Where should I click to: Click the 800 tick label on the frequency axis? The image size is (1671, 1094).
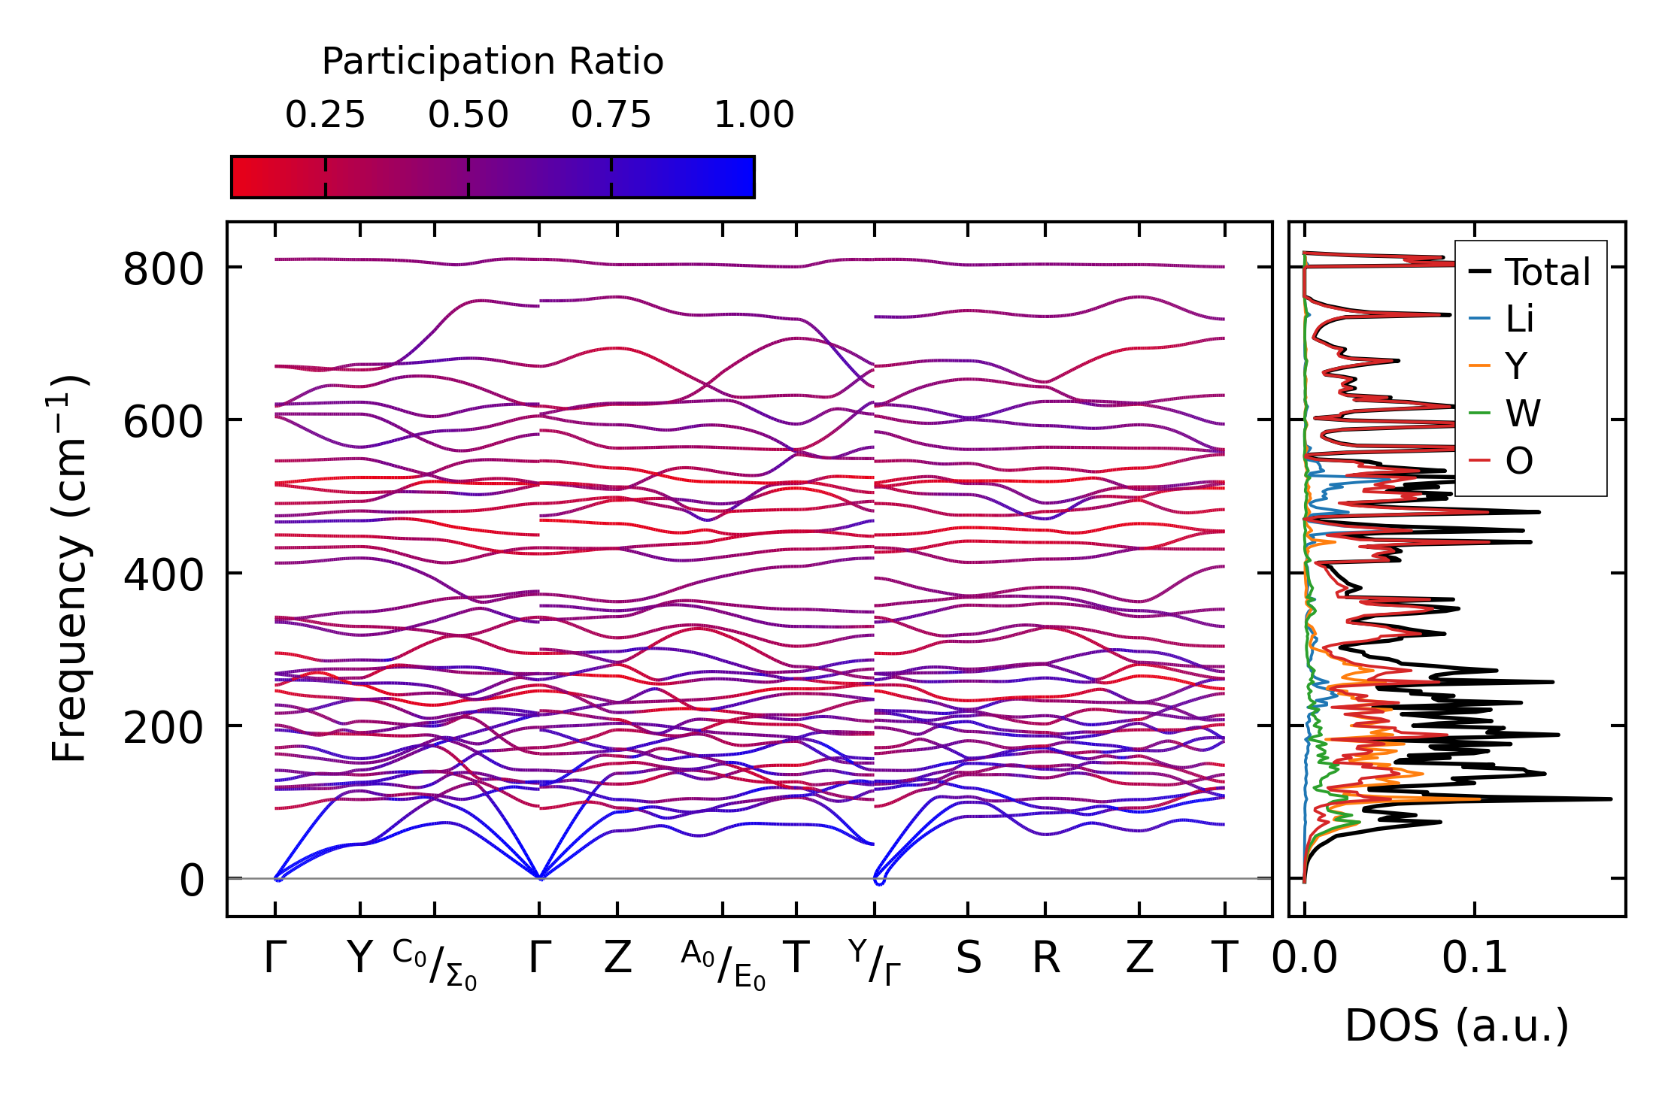tap(162, 269)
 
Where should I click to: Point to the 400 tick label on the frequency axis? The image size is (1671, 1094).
tap(162, 575)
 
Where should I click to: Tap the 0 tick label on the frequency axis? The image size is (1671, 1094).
tap(191, 880)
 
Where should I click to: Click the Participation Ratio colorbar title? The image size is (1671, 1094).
tap(493, 62)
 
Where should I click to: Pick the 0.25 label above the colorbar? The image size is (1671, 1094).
tap(325, 115)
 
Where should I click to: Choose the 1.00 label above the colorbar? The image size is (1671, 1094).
tap(754, 115)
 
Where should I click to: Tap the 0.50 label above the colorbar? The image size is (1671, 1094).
tap(468, 115)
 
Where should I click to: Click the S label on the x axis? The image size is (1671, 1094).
tap(968, 959)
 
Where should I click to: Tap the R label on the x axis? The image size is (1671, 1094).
tap(1045, 959)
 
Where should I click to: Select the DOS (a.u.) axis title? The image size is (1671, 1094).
tap(1457, 1026)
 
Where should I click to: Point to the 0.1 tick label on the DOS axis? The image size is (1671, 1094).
tap(1474, 959)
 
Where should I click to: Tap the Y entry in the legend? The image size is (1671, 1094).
tap(1516, 366)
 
